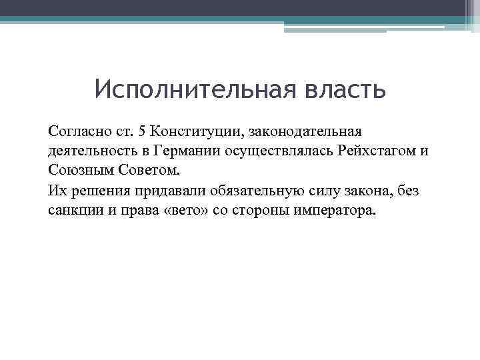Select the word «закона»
pos(365,190)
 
